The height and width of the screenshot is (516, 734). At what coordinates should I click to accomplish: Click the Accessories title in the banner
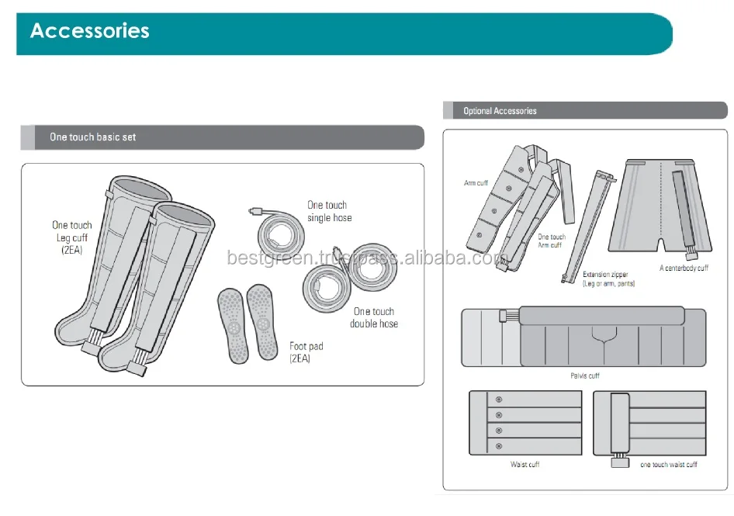click(89, 31)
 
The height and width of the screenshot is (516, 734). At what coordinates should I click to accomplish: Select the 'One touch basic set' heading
click(92, 137)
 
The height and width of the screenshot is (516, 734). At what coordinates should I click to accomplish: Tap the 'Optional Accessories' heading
click(500, 111)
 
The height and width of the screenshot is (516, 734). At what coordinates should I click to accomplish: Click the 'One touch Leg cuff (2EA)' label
click(72, 238)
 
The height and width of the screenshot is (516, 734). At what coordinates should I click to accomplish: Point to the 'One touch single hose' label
click(329, 212)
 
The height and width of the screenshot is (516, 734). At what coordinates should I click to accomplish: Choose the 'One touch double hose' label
click(373, 317)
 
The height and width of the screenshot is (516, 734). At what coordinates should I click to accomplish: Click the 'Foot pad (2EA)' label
click(306, 352)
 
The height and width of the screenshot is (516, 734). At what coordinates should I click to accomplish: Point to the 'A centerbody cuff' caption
click(684, 268)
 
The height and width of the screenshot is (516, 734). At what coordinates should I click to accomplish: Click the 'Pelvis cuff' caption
click(584, 376)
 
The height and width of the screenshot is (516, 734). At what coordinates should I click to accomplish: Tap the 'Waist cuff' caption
click(525, 465)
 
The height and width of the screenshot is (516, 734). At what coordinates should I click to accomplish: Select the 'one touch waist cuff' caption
click(668, 465)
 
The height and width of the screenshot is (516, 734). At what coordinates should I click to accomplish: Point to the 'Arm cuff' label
click(476, 183)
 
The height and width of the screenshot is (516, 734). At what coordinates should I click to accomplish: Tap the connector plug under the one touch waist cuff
click(619, 463)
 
